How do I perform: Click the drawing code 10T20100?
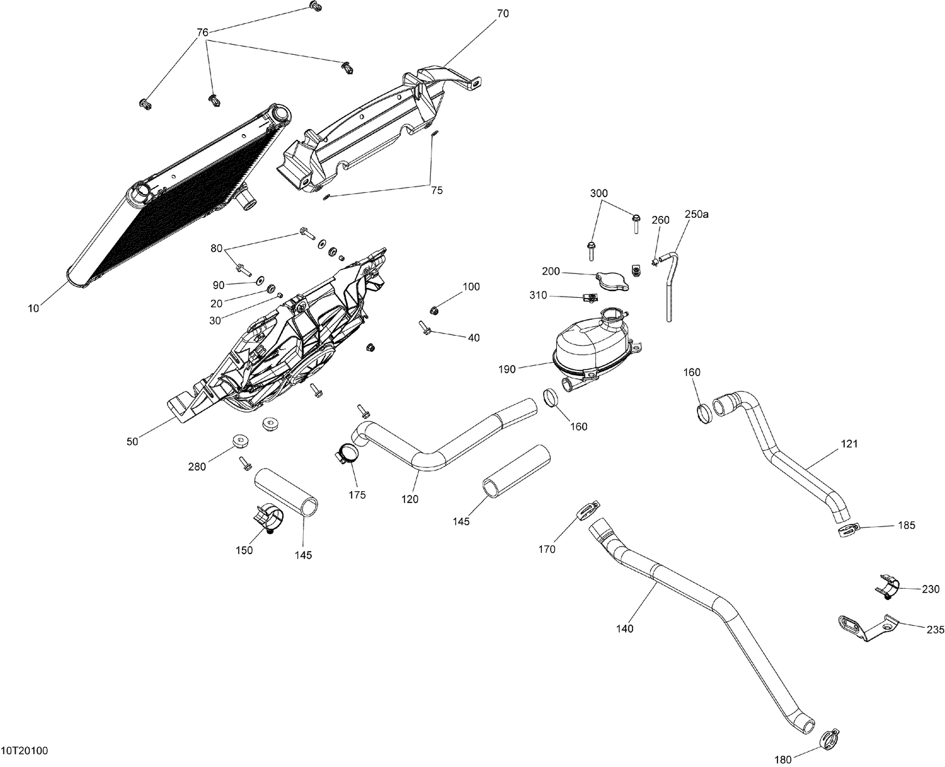pyautogui.click(x=25, y=751)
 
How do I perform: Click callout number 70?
pyautogui.click(x=503, y=13)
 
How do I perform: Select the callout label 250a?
pyautogui.click(x=697, y=214)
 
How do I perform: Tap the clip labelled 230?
pyautogui.click(x=886, y=586)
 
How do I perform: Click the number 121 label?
pyautogui.click(x=849, y=444)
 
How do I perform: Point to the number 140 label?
pyautogui.click(x=625, y=628)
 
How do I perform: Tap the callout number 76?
pyautogui.click(x=202, y=32)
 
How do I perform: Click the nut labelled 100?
pyautogui.click(x=433, y=309)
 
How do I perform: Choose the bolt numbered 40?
pyautogui.click(x=423, y=327)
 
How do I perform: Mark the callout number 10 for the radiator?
pyautogui.click(x=34, y=308)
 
